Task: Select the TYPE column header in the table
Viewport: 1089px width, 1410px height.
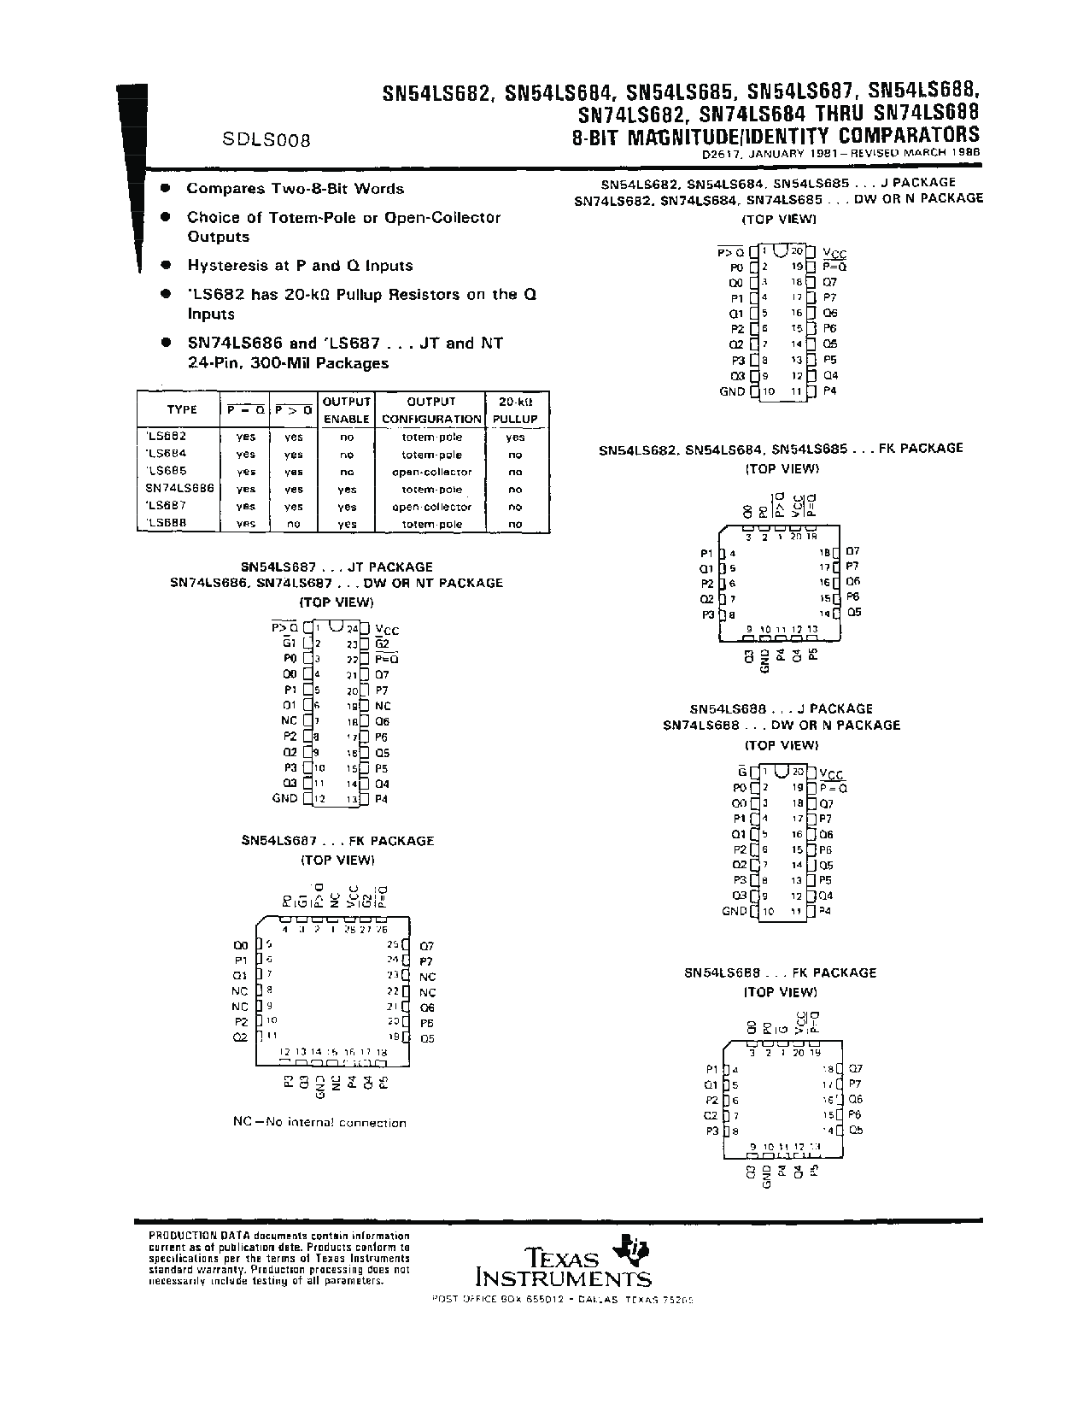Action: tap(181, 410)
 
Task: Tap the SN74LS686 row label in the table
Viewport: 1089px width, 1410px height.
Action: tap(179, 489)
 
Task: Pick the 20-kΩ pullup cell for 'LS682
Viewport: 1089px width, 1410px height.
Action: tap(515, 438)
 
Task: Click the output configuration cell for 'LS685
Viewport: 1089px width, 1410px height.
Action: tap(431, 472)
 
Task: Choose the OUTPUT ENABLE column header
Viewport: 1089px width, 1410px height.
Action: tap(346, 410)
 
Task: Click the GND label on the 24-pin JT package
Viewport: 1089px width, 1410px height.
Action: tap(284, 799)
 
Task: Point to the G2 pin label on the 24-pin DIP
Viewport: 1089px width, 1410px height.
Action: tap(382, 644)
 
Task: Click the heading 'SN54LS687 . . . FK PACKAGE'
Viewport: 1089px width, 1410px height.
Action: tap(337, 841)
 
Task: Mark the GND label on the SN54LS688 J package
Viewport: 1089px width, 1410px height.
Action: tap(734, 912)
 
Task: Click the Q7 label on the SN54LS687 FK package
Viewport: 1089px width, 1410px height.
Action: tap(427, 946)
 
